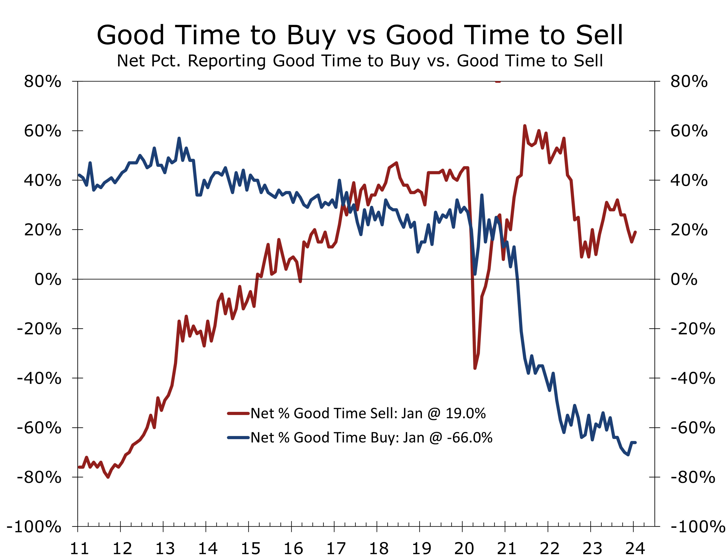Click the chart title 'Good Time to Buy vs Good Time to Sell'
(359, 35)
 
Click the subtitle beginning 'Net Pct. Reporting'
(359, 61)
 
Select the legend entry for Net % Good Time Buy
(371, 438)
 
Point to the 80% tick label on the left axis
(42, 82)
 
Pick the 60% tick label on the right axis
(689, 131)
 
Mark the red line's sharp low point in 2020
(475, 368)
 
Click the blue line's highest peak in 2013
(179, 138)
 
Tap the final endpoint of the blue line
(635, 443)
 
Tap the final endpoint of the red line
(635, 232)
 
